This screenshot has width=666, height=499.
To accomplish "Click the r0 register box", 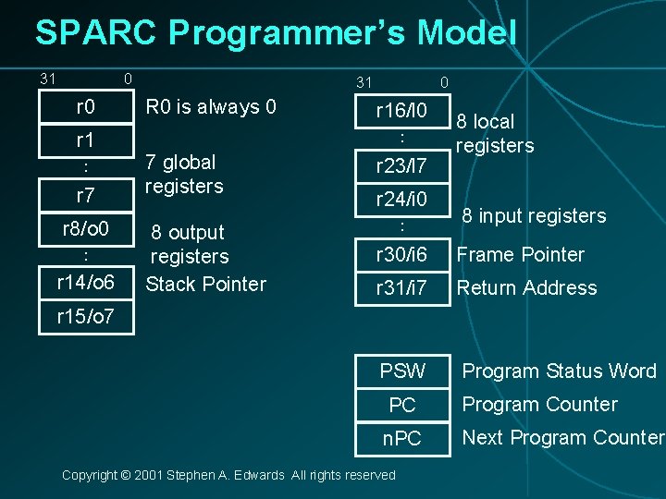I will (x=85, y=107).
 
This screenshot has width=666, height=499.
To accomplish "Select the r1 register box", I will (x=85, y=140).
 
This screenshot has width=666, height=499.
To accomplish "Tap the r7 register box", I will (x=85, y=195).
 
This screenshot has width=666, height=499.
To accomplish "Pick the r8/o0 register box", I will (x=85, y=228).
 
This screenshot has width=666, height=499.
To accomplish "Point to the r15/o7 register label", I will (x=85, y=316).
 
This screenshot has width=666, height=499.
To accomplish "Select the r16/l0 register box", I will (x=401, y=112).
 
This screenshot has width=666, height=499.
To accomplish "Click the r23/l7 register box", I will (x=401, y=166).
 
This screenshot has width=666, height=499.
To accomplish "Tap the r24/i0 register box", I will (x=401, y=200).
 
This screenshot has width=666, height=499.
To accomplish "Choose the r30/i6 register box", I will (x=401, y=254).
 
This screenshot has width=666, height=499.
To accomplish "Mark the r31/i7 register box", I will (x=401, y=287).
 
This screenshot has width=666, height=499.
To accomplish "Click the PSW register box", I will (x=402, y=371).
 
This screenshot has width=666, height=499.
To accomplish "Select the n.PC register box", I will (x=402, y=439).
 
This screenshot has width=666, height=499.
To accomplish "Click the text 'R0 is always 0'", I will (x=211, y=107).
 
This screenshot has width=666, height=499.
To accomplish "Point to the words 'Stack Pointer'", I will (x=206, y=284).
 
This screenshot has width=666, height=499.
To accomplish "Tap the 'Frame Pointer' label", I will (x=521, y=254).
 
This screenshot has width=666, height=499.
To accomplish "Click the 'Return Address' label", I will (x=527, y=287).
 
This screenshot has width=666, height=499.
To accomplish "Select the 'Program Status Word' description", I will (x=559, y=371).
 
